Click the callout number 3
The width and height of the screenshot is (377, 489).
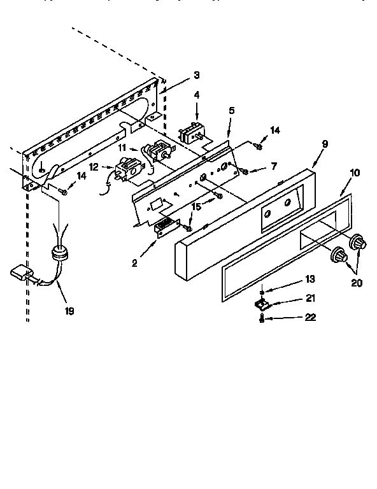197,75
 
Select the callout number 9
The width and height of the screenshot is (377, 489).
325,145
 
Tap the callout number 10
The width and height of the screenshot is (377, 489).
355,173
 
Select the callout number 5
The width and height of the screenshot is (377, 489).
232,110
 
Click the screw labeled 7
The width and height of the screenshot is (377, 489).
245,171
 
